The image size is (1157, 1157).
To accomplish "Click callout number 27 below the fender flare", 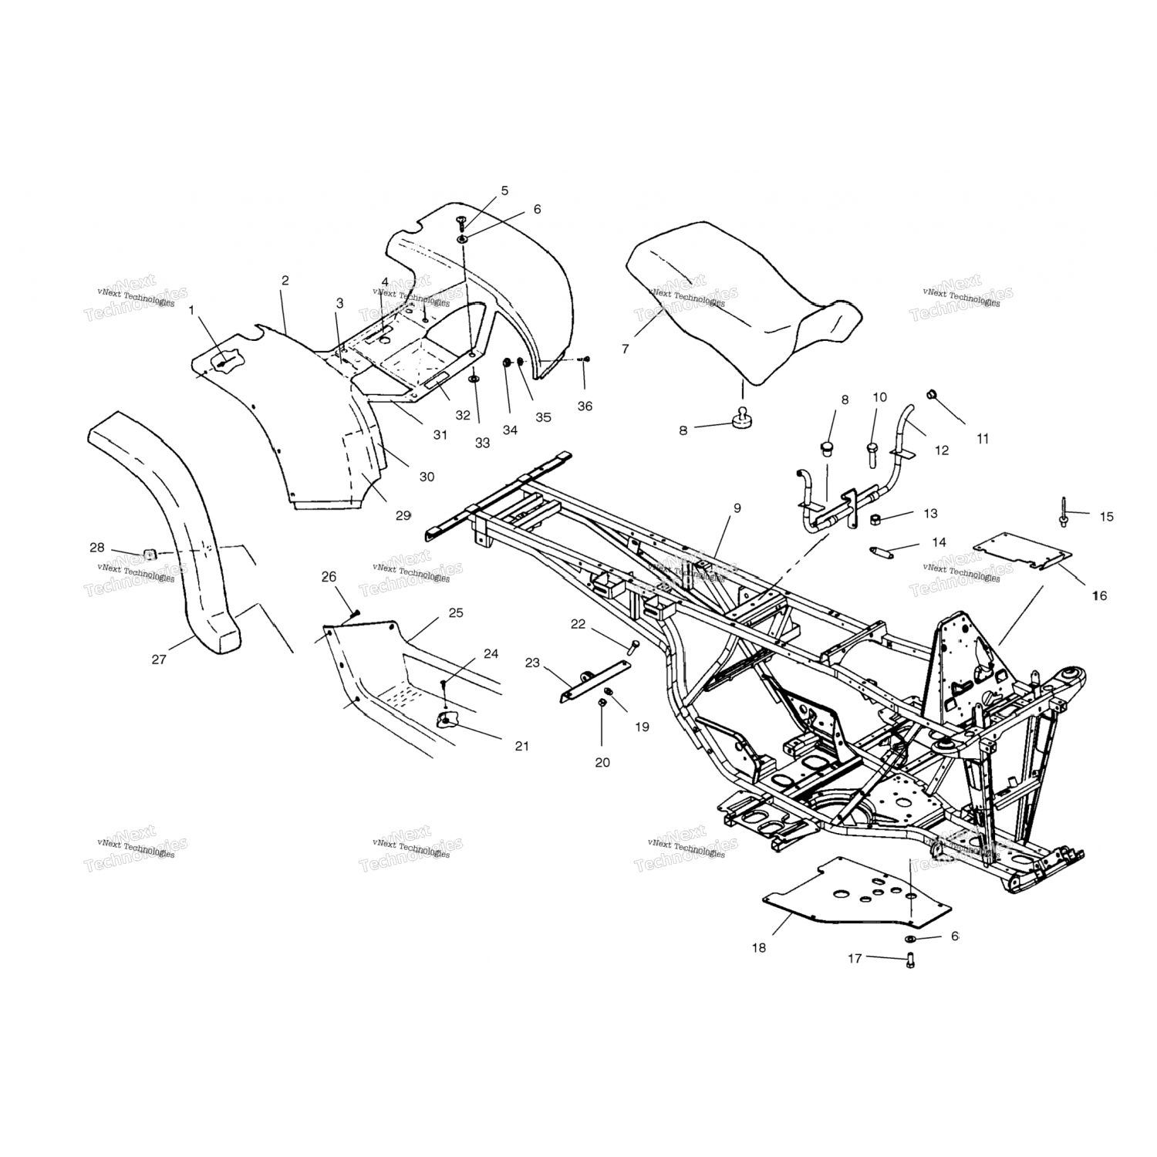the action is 158,659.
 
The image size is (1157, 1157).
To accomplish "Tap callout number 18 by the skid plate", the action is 759,947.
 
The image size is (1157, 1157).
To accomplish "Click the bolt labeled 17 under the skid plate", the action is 910,960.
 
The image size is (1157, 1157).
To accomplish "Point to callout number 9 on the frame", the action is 737,508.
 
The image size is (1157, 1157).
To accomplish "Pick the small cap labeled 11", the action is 932,396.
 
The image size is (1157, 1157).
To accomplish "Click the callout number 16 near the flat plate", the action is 1099,595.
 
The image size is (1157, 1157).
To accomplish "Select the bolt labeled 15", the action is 1064,512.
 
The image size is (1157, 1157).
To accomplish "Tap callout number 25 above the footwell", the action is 456,613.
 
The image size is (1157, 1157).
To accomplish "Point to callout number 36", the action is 585,406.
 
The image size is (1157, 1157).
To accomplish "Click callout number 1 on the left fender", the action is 192,309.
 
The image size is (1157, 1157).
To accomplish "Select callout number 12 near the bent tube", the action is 942,450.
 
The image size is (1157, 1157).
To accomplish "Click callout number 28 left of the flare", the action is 96,548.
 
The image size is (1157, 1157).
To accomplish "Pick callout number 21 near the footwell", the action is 522,746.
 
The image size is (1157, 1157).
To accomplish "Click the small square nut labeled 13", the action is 876,518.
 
